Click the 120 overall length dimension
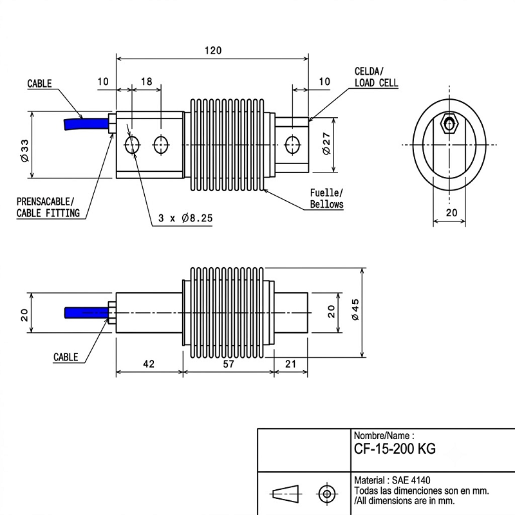[213, 51]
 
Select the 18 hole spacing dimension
[147, 81]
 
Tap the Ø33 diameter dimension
[24, 151]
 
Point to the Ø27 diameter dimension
[326, 144]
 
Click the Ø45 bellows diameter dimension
[355, 310]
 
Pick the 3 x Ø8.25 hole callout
[185, 218]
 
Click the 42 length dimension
[149, 364]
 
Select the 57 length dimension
[229, 364]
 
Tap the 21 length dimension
[291, 364]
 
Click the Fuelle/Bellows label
[327, 198]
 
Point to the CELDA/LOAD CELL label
[376, 77]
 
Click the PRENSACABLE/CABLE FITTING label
[48, 207]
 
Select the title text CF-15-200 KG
[395, 448]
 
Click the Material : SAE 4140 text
[392, 480]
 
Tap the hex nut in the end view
[449, 124]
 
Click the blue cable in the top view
[86, 124]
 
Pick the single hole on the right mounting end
[292, 144]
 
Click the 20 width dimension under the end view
[452, 212]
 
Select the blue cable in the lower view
[87, 312]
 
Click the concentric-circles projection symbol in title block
[327, 493]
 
